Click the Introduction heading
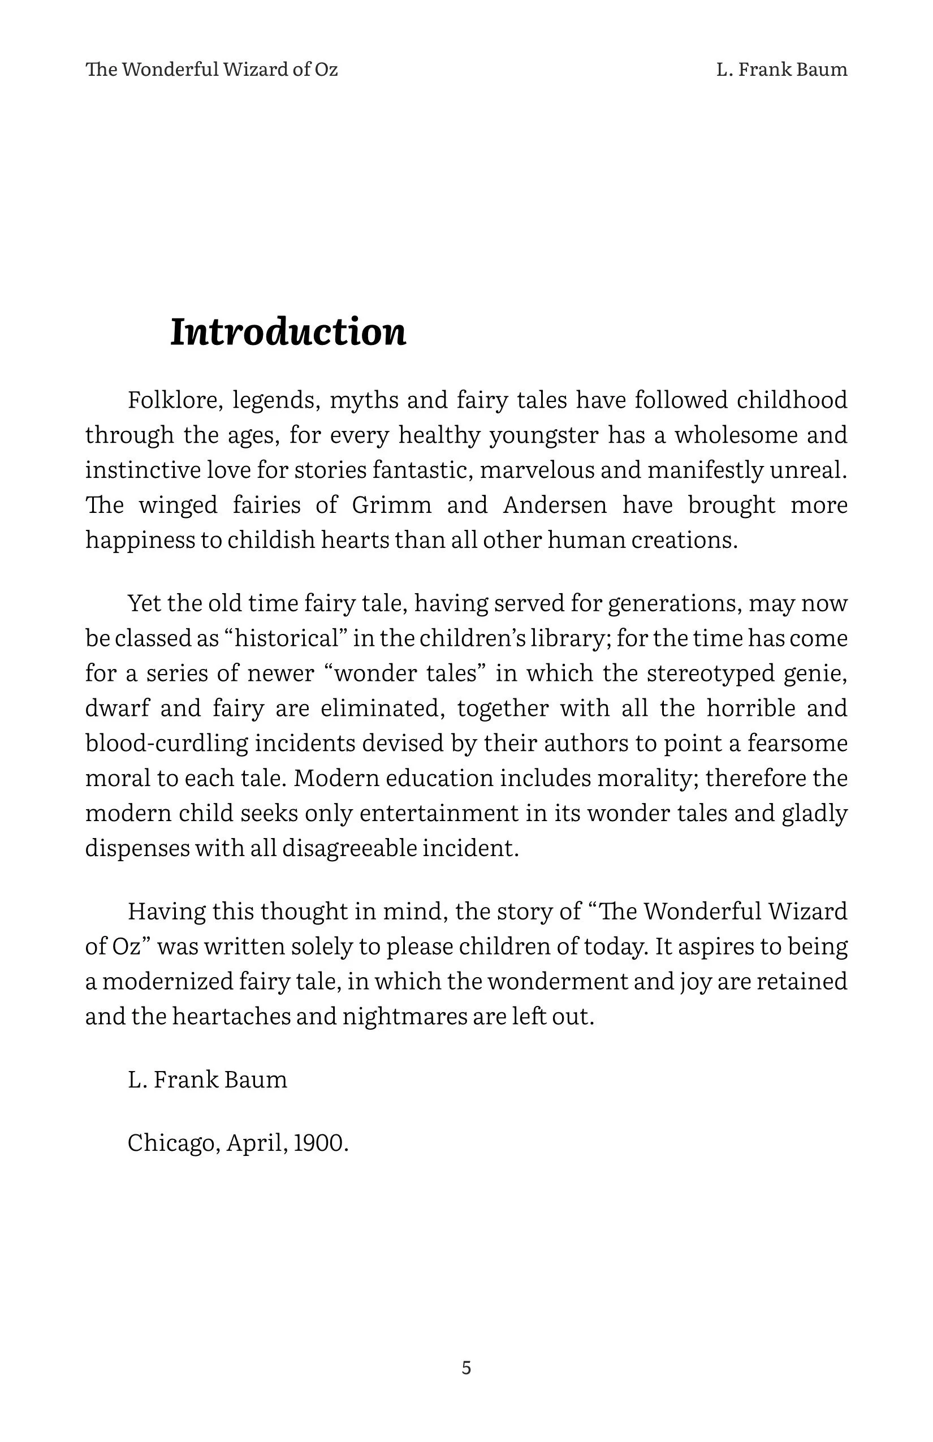pos(288,332)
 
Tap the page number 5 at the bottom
pos(466,1367)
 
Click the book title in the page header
pos(211,70)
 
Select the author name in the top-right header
pos(781,70)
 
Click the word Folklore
pos(172,400)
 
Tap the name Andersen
pos(554,504)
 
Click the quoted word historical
pos(286,638)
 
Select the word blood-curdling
pos(167,744)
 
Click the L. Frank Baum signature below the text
pos(207,1080)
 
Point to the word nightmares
pos(405,1016)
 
